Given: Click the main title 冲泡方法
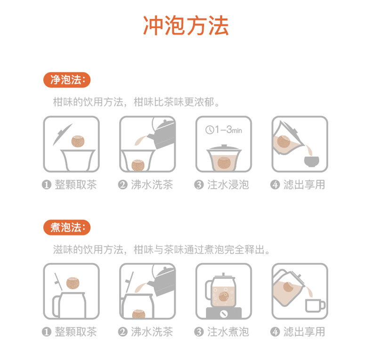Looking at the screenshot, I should [x=186, y=26].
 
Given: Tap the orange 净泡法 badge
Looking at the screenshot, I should [x=66, y=80].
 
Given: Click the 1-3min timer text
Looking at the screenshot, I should [x=228, y=129].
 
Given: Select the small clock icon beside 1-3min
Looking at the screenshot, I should [x=210, y=129].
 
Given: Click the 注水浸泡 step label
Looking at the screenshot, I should [x=228, y=185].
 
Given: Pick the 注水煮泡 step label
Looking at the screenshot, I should [x=228, y=332].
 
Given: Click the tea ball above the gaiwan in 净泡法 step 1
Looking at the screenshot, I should [x=78, y=140].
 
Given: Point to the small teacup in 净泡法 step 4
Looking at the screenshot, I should [x=310, y=161].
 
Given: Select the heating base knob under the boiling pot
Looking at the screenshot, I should [x=223, y=313].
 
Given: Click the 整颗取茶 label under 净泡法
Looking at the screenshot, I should [x=75, y=185].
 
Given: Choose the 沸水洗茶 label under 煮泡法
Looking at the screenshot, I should [x=152, y=332].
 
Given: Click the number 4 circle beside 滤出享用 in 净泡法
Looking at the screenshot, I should [x=275, y=185].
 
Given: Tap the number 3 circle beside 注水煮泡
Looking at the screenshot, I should [x=199, y=332].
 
